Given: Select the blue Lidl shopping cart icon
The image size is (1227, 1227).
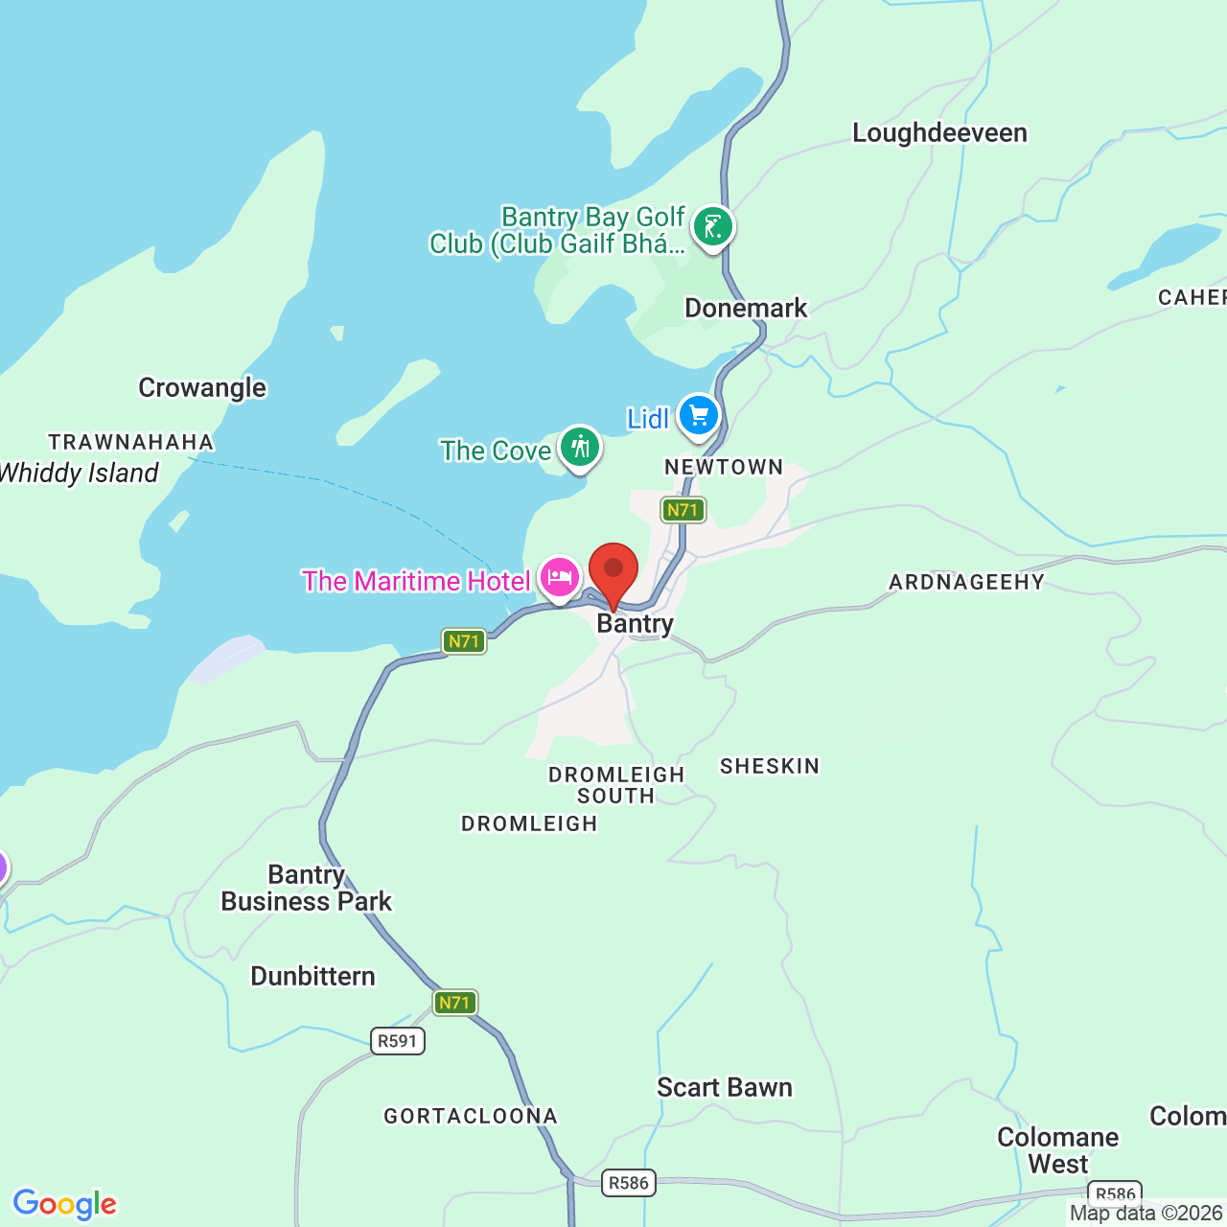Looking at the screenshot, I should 698,416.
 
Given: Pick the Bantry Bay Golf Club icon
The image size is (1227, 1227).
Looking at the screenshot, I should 712,227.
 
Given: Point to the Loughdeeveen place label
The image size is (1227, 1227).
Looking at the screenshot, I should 939,133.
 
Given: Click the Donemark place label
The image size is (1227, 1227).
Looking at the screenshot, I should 746,309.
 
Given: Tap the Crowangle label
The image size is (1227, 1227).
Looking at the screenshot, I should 202,388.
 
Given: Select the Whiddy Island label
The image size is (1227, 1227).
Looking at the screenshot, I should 79,474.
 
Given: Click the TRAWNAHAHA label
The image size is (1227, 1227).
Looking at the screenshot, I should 131,443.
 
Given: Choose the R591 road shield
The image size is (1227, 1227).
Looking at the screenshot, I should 398,1041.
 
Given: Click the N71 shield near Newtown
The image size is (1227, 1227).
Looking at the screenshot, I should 683,510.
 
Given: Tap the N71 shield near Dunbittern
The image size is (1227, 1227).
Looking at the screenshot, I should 454,1003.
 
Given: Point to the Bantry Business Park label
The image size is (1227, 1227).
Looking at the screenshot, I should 307,889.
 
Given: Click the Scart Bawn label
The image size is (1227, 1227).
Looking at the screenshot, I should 725,1088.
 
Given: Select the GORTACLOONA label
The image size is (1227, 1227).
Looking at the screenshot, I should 471,1117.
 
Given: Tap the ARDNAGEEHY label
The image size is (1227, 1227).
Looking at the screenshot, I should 966,583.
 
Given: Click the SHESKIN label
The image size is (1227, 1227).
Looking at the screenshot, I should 770,767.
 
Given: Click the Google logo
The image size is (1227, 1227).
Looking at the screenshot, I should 65,1204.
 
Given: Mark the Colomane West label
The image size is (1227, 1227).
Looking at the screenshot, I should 1058,1150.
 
